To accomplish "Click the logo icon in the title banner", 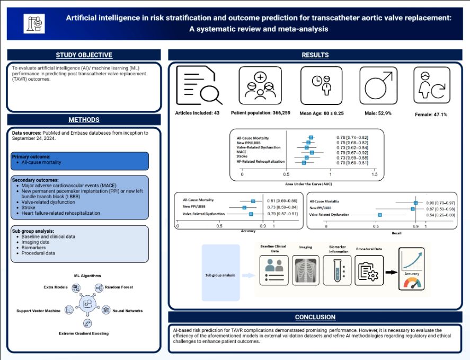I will (34, 22).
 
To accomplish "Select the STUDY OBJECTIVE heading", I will (84, 55).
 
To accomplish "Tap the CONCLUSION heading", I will (315, 317).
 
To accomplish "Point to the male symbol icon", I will (378, 85).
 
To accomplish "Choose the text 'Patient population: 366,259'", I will (260, 113).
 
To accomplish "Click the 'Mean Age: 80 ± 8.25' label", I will (321, 113).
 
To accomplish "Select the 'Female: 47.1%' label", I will (429, 114).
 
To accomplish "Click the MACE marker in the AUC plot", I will (312, 152).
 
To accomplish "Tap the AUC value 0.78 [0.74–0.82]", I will (352, 138).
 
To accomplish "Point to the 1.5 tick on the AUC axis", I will (374, 174).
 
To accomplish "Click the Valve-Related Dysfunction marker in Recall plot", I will (380, 215).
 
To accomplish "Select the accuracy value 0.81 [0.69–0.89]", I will (286, 201).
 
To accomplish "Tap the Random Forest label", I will (118, 287).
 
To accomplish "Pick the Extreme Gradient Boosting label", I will (83, 333).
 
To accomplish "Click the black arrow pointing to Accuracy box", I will (391, 272).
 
